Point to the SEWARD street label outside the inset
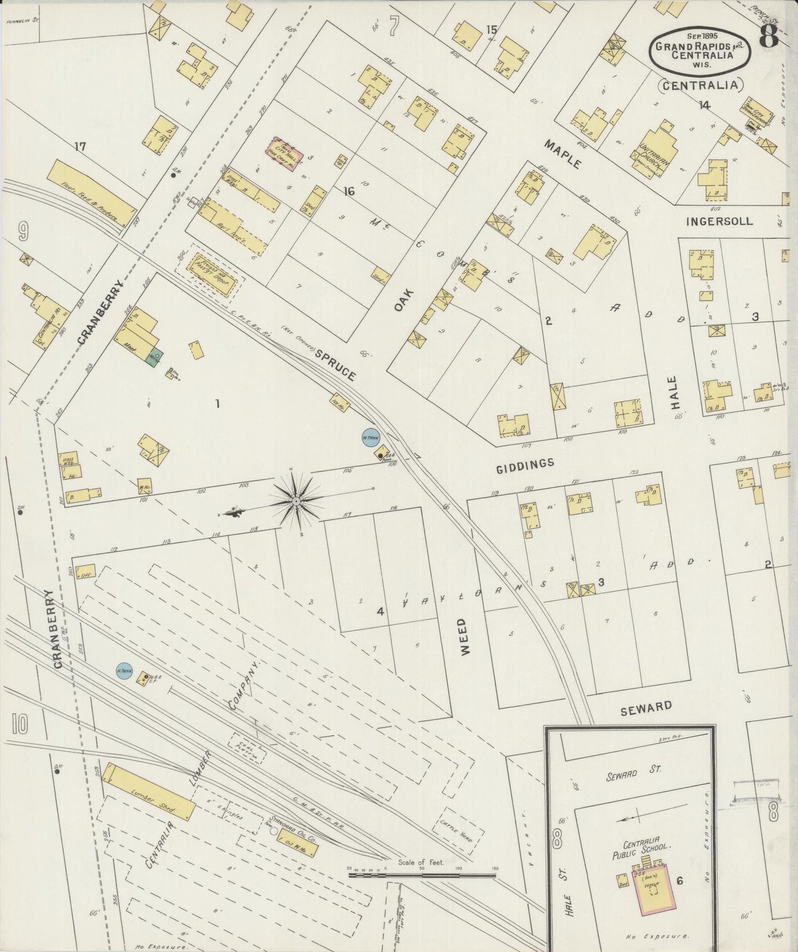646,708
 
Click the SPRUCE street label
335,366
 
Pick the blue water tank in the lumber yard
124,671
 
